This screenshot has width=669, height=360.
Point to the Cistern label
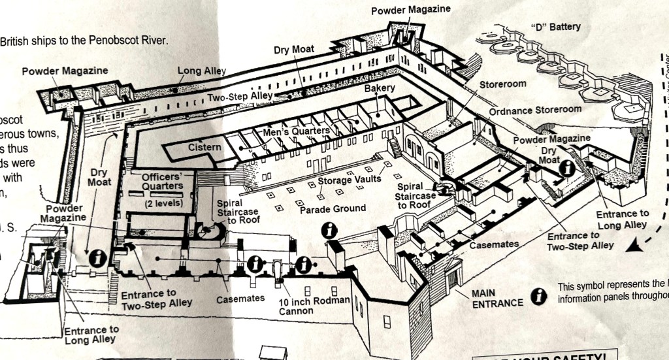[x=204, y=147]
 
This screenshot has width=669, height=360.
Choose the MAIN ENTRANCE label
[x=497, y=298]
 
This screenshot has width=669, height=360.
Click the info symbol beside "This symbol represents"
[x=538, y=296]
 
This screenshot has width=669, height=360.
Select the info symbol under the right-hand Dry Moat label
[x=567, y=168]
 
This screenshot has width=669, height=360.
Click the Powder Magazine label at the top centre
[x=411, y=10]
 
